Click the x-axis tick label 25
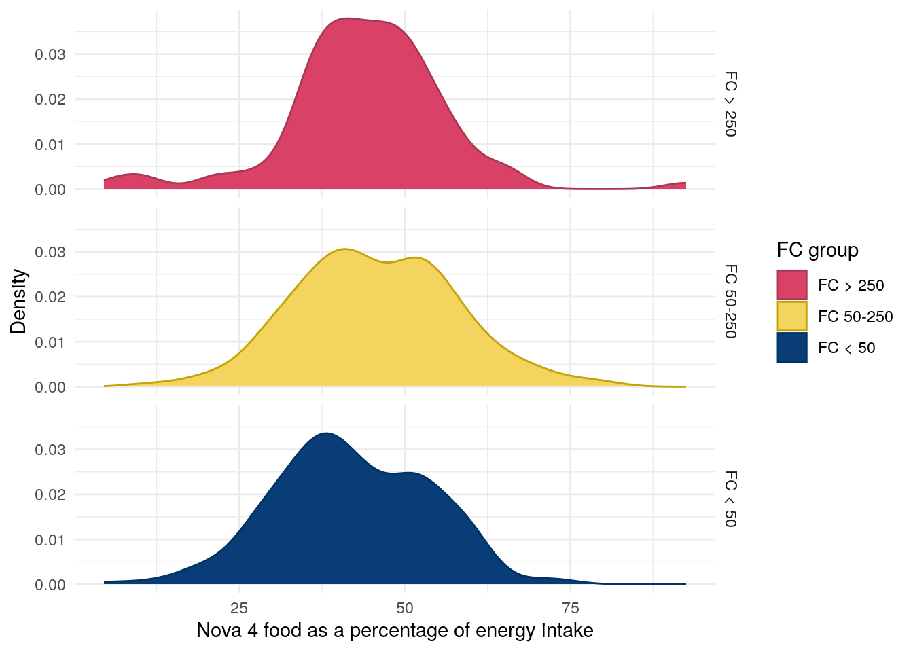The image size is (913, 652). tap(239, 607)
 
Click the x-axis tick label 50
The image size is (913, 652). tap(405, 607)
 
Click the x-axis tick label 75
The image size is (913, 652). tap(570, 607)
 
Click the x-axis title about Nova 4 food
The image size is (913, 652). tap(395, 631)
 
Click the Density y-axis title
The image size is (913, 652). tap(18, 301)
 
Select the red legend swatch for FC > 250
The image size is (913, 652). tap(792, 285)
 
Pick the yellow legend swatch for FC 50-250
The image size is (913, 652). tap(792, 316)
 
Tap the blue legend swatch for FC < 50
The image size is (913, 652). tap(792, 348)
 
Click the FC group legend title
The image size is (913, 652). tap(817, 250)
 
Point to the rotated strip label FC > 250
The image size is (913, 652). tap(730, 104)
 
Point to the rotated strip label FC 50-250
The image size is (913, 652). tap(730, 301)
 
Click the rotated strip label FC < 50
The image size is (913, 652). tap(730, 499)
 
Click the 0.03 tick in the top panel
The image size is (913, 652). tap(50, 54)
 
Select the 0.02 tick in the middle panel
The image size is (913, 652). tap(50, 297)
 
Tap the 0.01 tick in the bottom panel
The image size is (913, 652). tap(50, 540)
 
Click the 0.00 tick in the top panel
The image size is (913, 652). tap(50, 189)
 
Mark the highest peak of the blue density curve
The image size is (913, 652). tap(327, 433)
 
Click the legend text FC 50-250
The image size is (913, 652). tap(855, 316)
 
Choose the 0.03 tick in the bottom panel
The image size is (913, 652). tap(50, 450)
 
